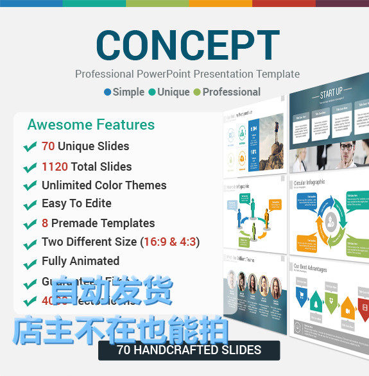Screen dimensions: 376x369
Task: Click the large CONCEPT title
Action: pyautogui.click(x=187, y=44)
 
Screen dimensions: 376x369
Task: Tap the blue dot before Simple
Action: pyautogui.click(x=107, y=92)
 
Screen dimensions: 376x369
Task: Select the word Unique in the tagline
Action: pyautogui.click(x=173, y=92)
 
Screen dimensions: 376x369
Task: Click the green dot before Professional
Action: pyautogui.click(x=197, y=92)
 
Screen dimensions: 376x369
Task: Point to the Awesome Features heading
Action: pyautogui.click(x=90, y=124)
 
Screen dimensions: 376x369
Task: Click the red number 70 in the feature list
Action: pyautogui.click(x=48, y=146)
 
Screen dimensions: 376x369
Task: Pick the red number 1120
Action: pyautogui.click(x=55, y=167)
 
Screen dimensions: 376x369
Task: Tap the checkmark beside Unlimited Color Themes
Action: pyautogui.click(x=30, y=186)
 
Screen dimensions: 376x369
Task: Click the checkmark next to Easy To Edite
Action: pyautogui.click(x=30, y=205)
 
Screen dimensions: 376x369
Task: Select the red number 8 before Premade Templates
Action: pyautogui.click(x=45, y=223)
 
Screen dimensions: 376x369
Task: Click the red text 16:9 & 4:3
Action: pyautogui.click(x=169, y=242)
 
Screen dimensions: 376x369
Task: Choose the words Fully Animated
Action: pyautogui.click(x=80, y=261)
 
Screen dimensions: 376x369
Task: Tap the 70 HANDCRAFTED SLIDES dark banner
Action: pyautogui.click(x=189, y=350)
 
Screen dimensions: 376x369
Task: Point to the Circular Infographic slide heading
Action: pyautogui.click(x=309, y=182)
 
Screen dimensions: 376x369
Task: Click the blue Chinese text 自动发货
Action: pyautogui.click(x=112, y=291)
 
